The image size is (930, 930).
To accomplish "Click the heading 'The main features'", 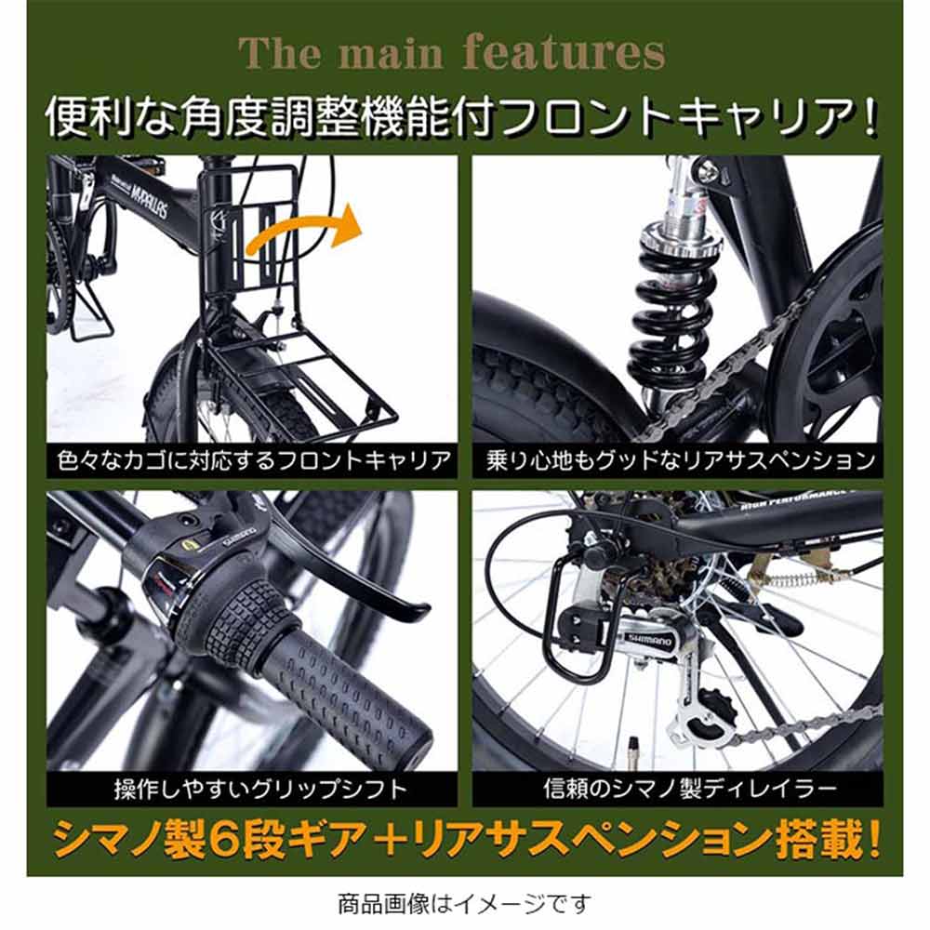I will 452,54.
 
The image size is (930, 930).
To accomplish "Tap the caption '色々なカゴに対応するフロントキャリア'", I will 252,460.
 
